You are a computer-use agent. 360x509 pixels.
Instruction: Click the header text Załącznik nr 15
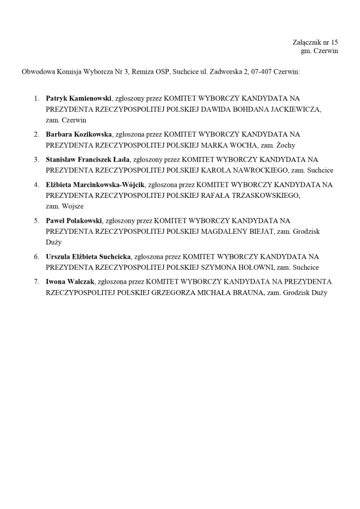coord(315,42)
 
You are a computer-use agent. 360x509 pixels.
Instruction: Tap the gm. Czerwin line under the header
coord(319,51)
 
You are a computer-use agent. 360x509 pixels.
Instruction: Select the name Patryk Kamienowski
coord(78,98)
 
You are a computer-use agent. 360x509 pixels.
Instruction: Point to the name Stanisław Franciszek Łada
coord(87,159)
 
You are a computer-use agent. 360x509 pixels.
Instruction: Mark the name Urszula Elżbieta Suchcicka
coord(88,257)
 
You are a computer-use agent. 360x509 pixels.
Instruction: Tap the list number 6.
coord(37,257)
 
